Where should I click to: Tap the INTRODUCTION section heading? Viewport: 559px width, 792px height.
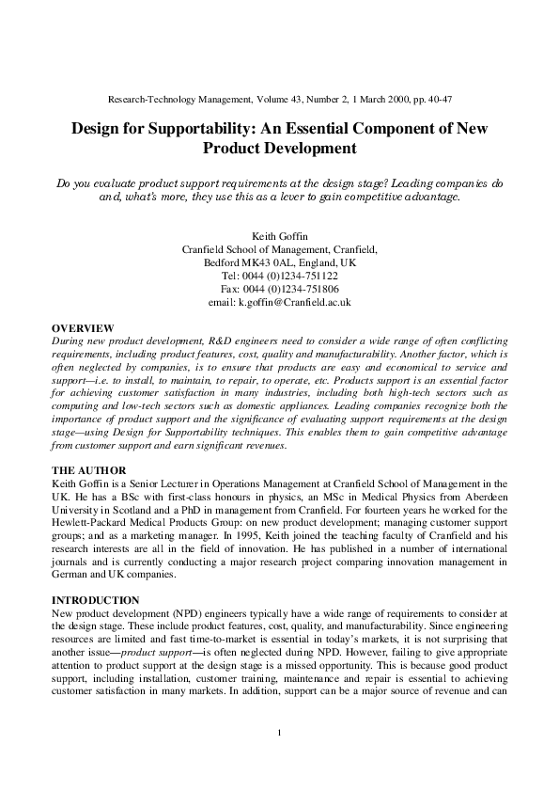pyautogui.click(x=95, y=600)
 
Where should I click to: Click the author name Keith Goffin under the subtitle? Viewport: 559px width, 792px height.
pyautogui.click(x=279, y=235)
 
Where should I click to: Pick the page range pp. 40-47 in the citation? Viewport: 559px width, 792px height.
pyautogui.click(x=435, y=98)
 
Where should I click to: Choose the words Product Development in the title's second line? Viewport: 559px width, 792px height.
pyautogui.click(x=279, y=149)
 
